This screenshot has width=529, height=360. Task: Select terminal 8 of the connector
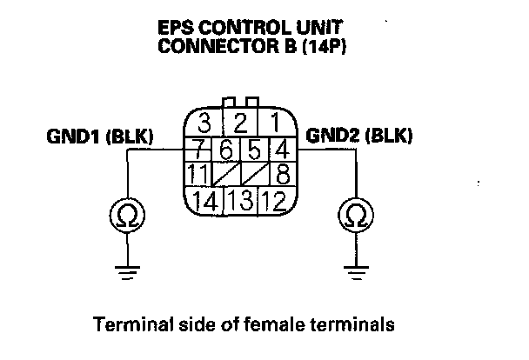pos(281,172)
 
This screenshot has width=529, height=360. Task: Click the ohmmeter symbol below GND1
pos(127,213)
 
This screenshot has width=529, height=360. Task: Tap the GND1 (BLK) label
pos(99,137)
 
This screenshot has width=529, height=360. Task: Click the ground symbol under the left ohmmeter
pos(127,272)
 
